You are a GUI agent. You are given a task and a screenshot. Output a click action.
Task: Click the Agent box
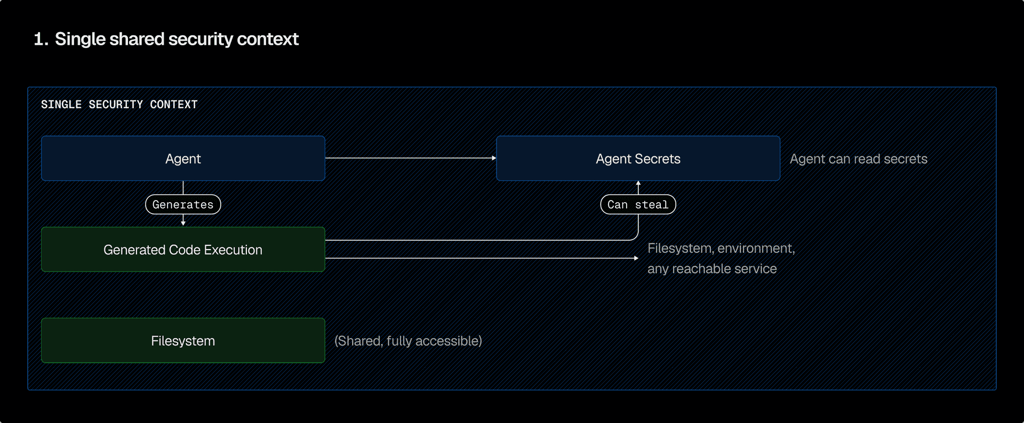(183, 158)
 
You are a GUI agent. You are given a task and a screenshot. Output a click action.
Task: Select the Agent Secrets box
(638, 158)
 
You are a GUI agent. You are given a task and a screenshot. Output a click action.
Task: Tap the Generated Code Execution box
(183, 250)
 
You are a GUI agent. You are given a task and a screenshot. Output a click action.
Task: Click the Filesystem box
(183, 341)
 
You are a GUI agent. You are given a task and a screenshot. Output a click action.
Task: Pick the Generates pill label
(183, 204)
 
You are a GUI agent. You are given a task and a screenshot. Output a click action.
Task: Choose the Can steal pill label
(638, 204)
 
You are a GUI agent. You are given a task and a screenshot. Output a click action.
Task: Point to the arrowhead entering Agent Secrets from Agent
(494, 158)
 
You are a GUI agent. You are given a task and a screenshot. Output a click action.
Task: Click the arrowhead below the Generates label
(183, 223)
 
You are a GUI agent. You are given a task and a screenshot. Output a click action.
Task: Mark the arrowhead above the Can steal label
(638, 184)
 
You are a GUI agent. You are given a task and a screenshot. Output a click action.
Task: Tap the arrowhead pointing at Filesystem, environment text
(636, 258)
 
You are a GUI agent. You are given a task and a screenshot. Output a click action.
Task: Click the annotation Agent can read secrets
(858, 159)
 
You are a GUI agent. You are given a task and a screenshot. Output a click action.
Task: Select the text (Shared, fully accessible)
(408, 341)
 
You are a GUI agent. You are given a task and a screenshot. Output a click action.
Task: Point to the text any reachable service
(712, 269)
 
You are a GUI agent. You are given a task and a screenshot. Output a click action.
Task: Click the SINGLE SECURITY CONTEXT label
(119, 105)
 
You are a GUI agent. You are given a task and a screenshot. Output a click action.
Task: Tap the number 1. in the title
(41, 39)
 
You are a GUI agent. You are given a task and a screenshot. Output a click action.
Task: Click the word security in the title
(201, 39)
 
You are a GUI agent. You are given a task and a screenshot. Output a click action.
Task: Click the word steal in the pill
(652, 205)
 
